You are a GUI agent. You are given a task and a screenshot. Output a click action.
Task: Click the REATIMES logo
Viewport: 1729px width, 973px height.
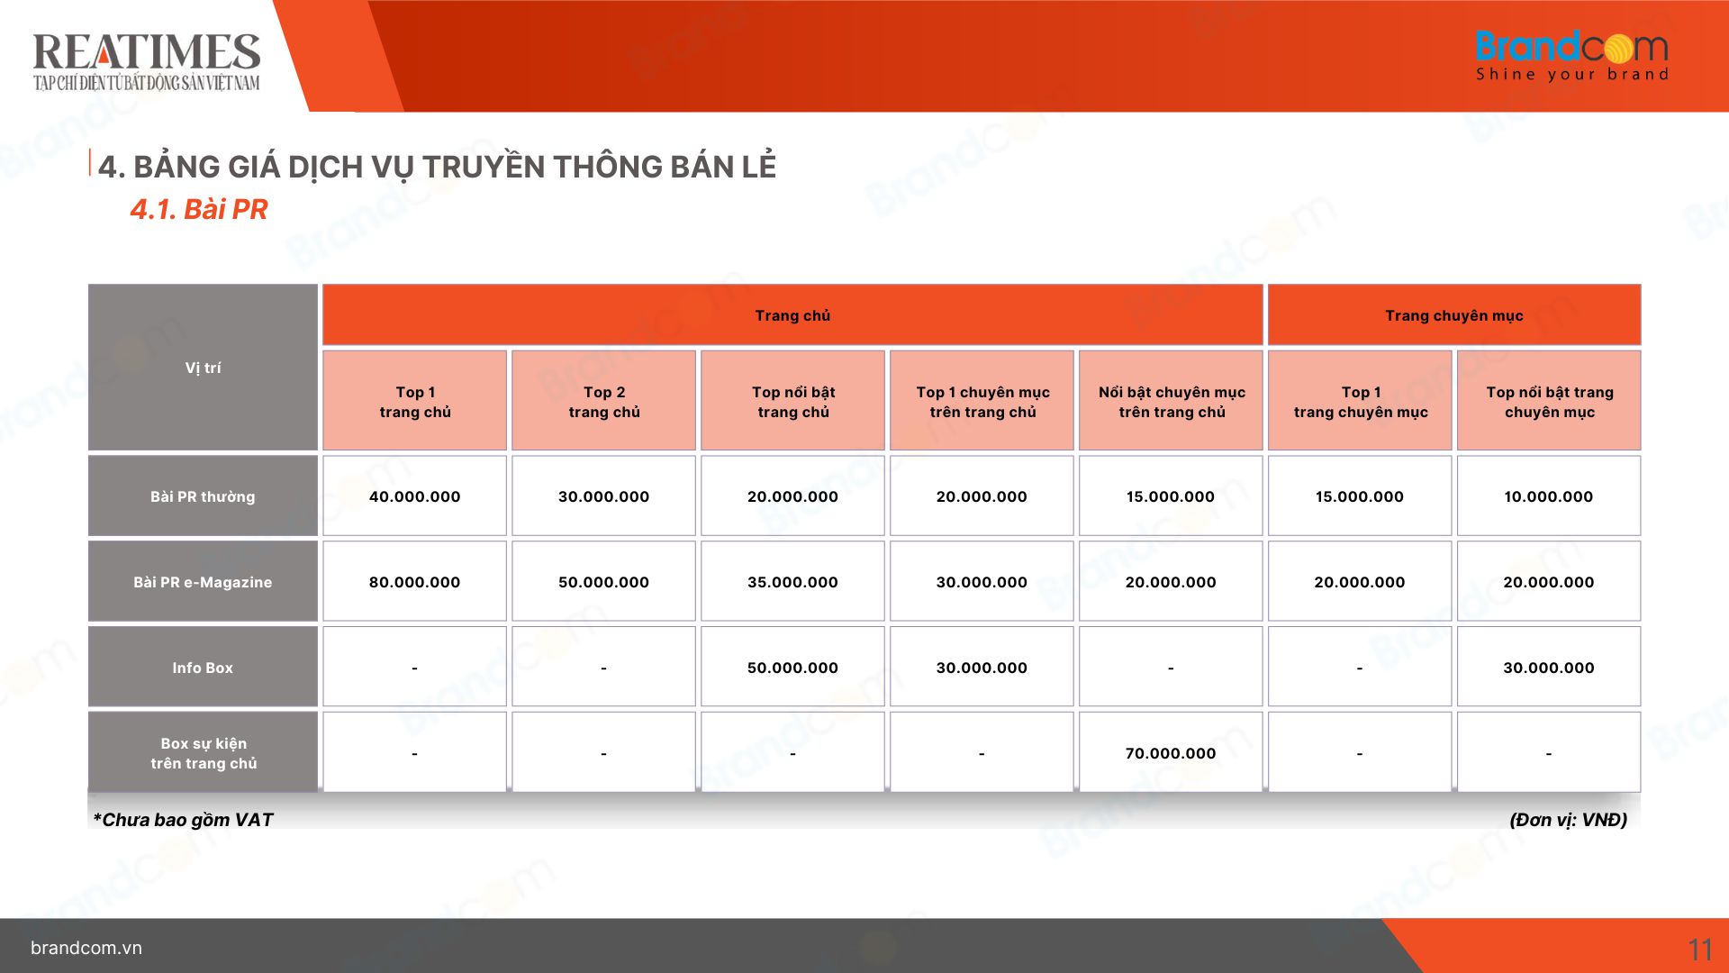point(147,61)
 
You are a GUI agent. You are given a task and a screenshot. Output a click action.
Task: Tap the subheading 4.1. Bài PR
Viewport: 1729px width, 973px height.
point(199,209)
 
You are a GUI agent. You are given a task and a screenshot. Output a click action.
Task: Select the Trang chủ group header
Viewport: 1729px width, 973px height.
point(792,315)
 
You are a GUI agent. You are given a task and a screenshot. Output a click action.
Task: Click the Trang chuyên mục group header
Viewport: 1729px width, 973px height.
point(1454,315)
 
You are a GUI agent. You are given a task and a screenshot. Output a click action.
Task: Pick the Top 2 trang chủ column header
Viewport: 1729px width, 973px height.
point(603,401)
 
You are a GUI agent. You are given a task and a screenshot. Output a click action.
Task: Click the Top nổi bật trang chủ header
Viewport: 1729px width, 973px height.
point(792,401)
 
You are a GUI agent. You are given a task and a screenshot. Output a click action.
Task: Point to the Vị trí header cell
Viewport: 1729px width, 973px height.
point(203,368)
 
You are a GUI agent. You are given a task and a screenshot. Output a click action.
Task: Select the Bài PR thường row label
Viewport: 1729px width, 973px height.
point(203,496)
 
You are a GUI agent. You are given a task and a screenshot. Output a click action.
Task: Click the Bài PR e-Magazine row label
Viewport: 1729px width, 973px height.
point(203,582)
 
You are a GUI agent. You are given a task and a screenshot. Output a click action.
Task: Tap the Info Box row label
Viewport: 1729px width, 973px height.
point(203,668)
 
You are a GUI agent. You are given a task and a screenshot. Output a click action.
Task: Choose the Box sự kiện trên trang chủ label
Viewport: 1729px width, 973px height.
point(203,753)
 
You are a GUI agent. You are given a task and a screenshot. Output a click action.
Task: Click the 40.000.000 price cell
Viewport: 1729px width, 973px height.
point(414,496)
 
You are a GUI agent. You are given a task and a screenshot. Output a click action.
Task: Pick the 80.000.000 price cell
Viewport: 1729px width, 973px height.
point(414,582)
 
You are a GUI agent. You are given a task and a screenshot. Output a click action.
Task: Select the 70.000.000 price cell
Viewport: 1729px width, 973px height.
point(1171,753)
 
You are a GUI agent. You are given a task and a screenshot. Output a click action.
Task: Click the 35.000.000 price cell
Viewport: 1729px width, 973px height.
point(792,582)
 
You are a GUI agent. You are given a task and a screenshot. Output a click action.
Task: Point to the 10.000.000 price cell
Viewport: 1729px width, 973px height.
point(1549,496)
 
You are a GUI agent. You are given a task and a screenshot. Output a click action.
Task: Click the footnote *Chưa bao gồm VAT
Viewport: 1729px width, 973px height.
point(183,820)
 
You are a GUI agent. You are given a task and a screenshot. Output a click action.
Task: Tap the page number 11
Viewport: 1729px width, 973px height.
point(1700,950)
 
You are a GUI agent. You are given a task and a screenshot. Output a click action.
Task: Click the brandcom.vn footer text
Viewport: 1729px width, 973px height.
point(86,948)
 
